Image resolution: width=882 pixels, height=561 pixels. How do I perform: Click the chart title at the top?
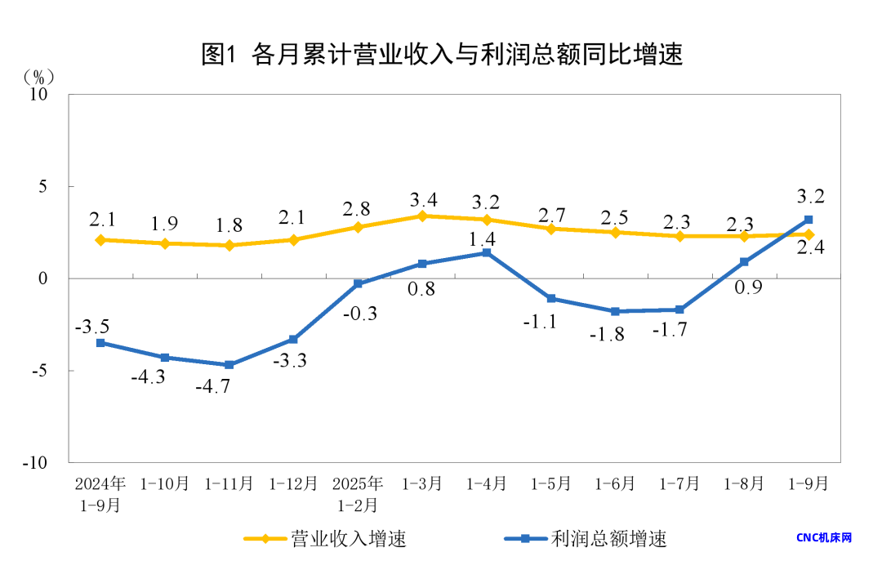point(441,54)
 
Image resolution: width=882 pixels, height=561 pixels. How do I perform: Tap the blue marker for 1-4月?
point(487,252)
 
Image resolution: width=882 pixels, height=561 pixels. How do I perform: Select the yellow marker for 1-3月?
point(422,216)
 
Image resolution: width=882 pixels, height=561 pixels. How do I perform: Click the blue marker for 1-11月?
point(229,365)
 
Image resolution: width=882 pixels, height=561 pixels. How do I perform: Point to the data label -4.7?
point(212,386)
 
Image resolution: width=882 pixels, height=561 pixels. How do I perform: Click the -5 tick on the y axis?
point(41,371)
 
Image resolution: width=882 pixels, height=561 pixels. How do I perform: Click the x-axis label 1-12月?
point(293,483)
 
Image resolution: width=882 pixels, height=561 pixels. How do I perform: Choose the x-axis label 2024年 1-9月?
point(100,493)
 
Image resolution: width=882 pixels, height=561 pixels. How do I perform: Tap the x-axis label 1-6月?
point(615,483)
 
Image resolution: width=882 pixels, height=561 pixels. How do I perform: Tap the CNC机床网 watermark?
point(824,537)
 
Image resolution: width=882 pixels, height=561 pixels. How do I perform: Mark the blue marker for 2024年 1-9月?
point(100,343)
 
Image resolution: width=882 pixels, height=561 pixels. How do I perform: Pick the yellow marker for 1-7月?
point(679,236)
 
